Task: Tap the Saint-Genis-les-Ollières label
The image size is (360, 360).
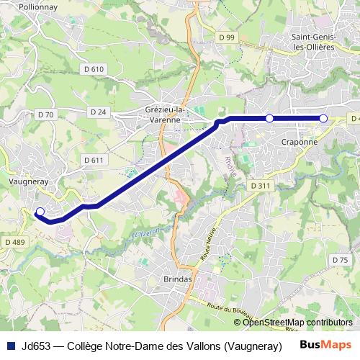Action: [312, 41]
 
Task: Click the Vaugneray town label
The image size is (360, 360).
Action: [27, 182]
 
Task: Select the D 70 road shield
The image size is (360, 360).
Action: [45, 114]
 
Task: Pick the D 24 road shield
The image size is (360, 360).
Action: [99, 112]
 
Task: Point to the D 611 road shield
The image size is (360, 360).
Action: [94, 160]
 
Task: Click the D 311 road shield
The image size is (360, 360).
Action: [261, 186]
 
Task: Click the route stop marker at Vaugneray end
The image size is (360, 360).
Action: [40, 212]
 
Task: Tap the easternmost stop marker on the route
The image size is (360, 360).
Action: [323, 118]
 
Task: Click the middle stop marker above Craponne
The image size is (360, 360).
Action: [269, 118]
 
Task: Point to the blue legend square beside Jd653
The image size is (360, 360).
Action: [10, 344]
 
